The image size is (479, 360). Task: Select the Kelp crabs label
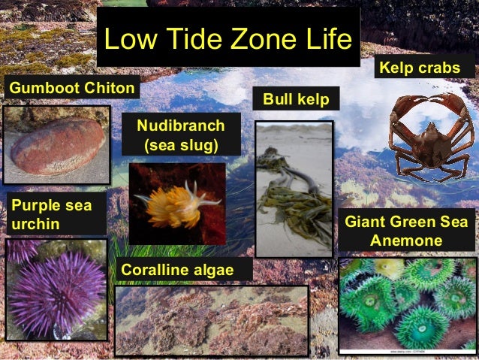click(x=420, y=68)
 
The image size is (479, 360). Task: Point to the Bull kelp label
click(x=296, y=99)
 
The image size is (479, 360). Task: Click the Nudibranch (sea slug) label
click(x=181, y=133)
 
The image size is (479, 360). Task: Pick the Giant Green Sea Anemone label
click(x=405, y=231)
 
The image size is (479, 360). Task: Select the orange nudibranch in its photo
click(x=171, y=205)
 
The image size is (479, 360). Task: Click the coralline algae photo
click(x=211, y=319)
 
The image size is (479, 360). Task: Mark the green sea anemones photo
click(x=407, y=304)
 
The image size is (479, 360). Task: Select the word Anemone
click(x=405, y=241)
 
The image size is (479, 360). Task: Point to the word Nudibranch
click(x=180, y=123)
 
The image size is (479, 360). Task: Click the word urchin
click(x=34, y=223)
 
